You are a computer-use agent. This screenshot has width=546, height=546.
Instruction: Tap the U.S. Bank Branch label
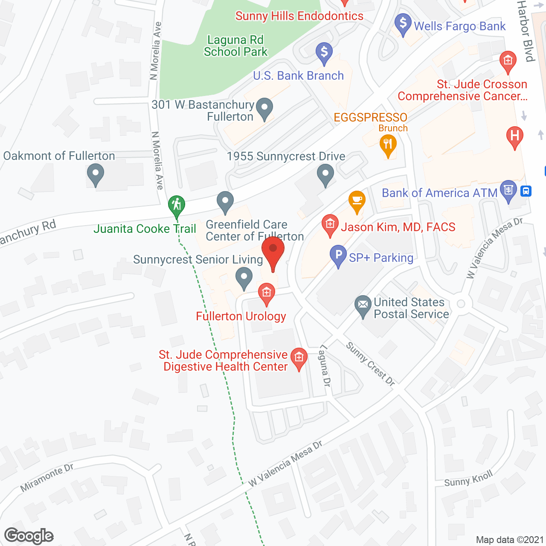click(x=298, y=76)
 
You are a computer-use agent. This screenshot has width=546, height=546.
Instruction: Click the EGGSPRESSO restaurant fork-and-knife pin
click(x=388, y=144)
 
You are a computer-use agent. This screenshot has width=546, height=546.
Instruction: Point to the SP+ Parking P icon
click(x=338, y=256)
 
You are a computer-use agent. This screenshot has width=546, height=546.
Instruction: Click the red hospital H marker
click(x=514, y=136)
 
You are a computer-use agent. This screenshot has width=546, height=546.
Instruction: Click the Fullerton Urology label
click(x=241, y=316)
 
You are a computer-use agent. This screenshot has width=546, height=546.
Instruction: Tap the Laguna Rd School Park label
click(x=235, y=46)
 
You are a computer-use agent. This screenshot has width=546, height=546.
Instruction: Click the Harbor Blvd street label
click(x=526, y=31)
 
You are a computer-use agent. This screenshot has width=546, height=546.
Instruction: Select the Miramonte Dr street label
click(x=47, y=477)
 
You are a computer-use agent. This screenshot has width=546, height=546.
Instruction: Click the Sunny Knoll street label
click(x=468, y=479)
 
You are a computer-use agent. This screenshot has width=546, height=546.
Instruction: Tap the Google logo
click(x=29, y=536)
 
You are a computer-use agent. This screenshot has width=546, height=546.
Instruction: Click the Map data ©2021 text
click(x=510, y=540)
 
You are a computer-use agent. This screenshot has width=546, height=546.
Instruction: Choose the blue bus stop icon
click(x=526, y=191)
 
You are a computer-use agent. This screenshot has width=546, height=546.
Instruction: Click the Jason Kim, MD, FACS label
click(x=398, y=227)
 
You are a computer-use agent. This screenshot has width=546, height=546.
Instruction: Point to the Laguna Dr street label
click(x=325, y=366)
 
